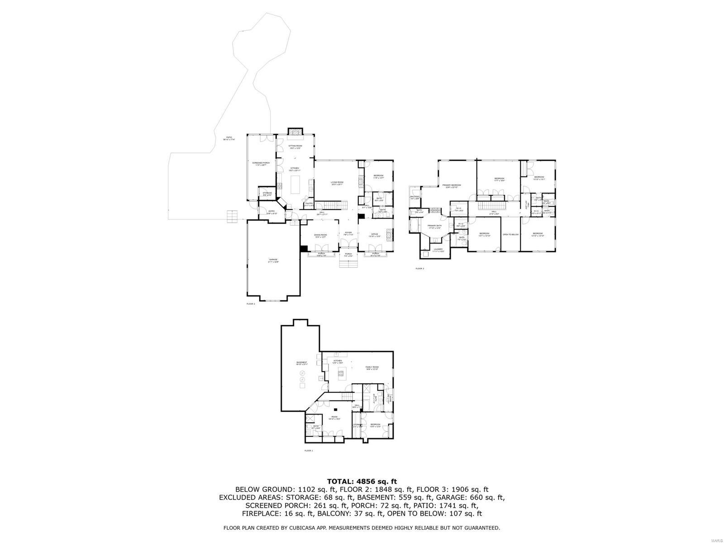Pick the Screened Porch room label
tap(261, 164)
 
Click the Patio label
tap(229, 138)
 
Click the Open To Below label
tap(510, 234)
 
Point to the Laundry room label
tap(438, 250)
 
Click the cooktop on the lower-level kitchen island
tap(341, 373)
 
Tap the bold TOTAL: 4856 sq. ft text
tap(362, 481)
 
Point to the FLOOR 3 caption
tap(420, 268)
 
